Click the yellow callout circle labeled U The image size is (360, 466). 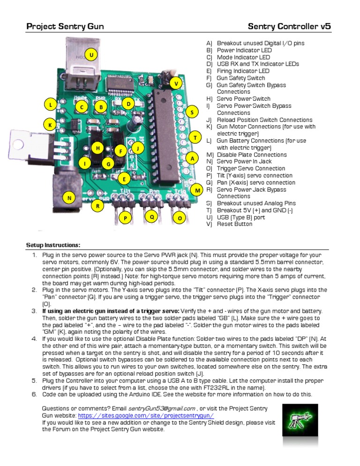click(x=91, y=55)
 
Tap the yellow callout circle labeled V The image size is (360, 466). click(x=176, y=83)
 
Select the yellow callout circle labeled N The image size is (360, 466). click(x=69, y=198)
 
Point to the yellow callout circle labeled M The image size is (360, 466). click(x=198, y=190)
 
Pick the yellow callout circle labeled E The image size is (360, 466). click(x=124, y=179)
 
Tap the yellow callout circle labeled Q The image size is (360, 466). click(x=151, y=217)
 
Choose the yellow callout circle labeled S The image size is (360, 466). click(x=192, y=113)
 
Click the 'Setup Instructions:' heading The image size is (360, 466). click(x=53, y=245)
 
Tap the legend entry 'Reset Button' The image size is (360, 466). click(x=234, y=224)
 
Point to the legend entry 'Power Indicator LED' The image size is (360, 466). click(x=244, y=50)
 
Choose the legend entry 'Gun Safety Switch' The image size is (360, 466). click(x=240, y=78)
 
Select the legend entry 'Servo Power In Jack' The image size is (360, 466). click(x=244, y=162)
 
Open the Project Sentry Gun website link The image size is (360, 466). click(x=146, y=415)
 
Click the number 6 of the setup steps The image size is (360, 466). click(x=34, y=394)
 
